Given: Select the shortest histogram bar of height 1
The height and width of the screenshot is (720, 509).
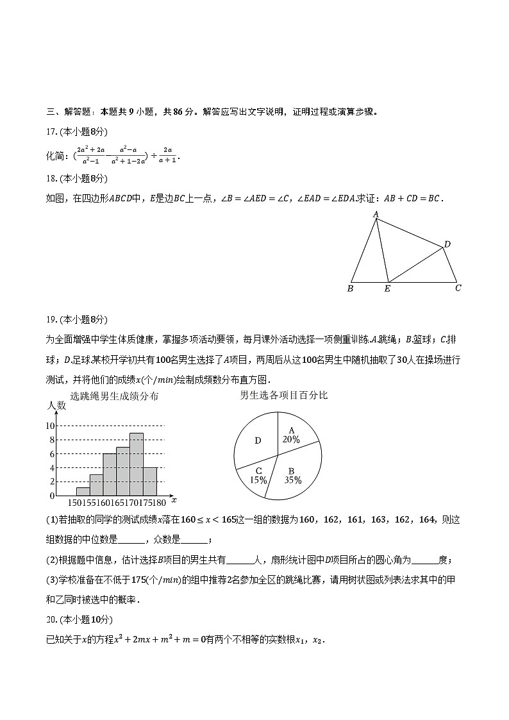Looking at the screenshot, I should point(83,492).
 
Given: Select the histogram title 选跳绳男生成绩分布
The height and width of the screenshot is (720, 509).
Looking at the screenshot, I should point(115,396).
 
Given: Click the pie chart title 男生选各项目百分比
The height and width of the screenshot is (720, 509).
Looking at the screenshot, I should point(283,395).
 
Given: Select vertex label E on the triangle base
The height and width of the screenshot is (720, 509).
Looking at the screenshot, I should point(387,289).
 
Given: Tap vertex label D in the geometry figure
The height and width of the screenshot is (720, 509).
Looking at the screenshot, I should point(447,244).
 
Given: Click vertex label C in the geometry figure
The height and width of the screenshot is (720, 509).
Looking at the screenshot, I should point(458,288).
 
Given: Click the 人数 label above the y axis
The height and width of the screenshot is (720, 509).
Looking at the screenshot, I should point(57,406).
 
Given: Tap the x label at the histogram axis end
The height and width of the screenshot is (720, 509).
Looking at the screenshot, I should point(174,499).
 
